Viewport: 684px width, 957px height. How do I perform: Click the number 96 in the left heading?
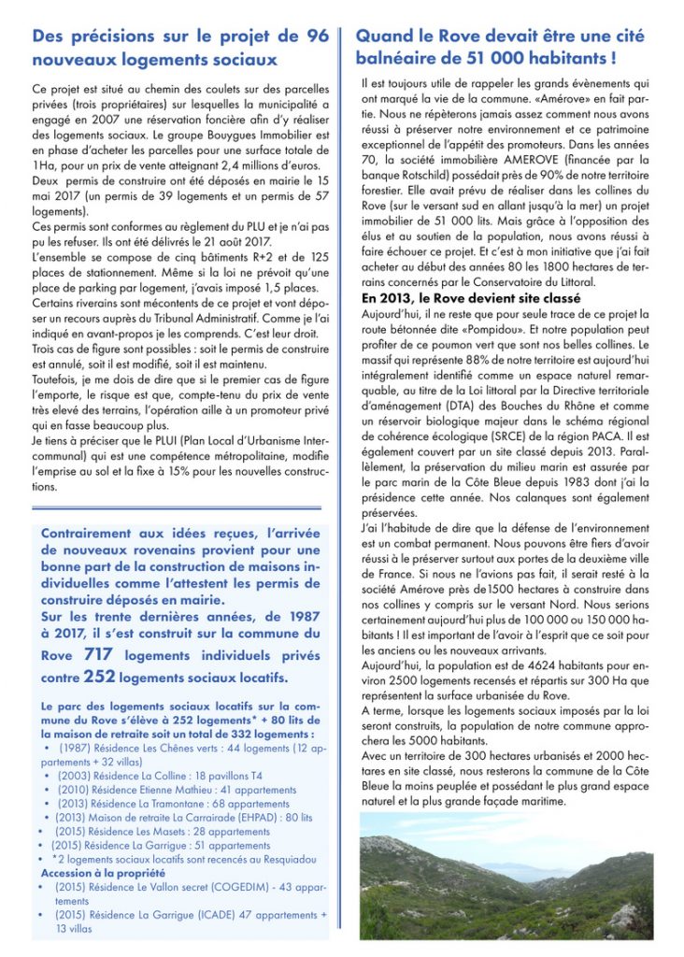coord(316,36)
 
